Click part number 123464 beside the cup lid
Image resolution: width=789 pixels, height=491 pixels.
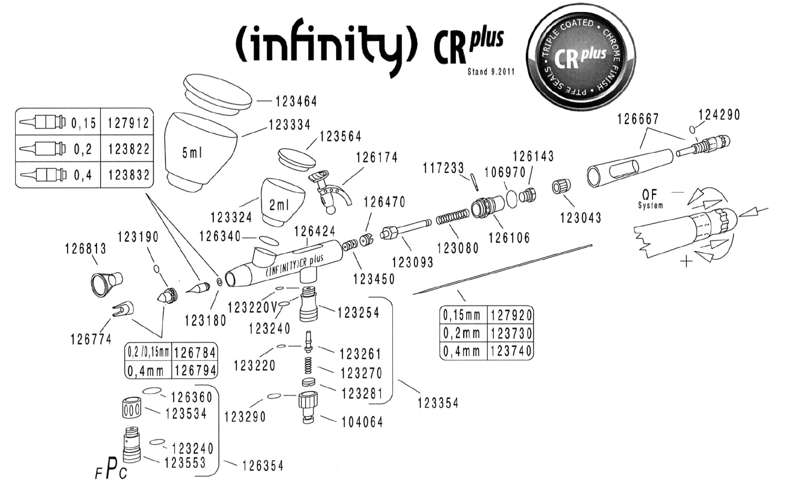pos(296,101)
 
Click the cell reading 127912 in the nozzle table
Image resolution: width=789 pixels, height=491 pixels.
pos(129,123)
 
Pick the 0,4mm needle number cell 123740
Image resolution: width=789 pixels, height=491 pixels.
pos(511,351)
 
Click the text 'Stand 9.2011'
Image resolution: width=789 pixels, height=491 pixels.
pos(491,72)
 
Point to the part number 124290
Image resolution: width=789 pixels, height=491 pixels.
pos(719,115)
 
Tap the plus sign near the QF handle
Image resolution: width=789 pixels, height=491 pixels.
pos(686,262)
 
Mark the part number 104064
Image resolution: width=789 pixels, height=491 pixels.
pos(362,422)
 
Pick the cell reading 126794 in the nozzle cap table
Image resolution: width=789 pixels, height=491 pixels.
pos(195,371)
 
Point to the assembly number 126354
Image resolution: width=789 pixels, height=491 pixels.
pos(262,466)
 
